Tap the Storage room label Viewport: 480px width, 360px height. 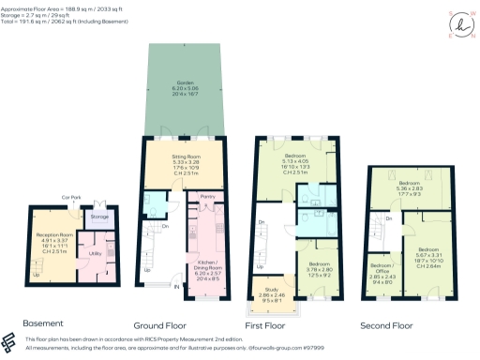(98, 217)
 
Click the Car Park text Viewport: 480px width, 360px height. (68, 198)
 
